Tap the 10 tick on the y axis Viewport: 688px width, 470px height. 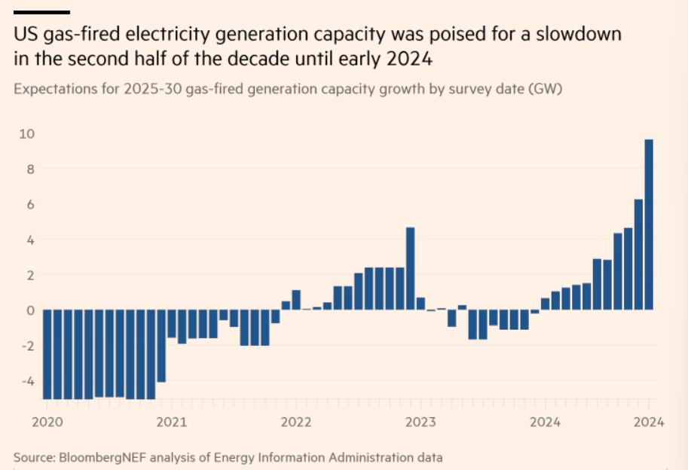click(x=27, y=134)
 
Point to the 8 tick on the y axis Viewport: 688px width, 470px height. click(x=30, y=169)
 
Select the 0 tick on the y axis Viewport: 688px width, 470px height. click(x=30, y=310)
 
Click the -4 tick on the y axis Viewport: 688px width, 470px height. click(x=27, y=381)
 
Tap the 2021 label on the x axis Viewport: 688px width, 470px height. click(x=171, y=422)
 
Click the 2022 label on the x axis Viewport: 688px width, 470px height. click(x=296, y=422)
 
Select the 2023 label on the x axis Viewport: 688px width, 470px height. click(x=421, y=422)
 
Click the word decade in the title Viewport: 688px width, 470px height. click(x=263, y=58)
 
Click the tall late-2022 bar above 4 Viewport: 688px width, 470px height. click(x=411, y=268)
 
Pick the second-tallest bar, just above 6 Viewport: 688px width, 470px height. click(x=638, y=255)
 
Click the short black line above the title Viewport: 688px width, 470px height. click(x=41, y=12)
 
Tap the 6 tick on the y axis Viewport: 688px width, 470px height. click(x=30, y=205)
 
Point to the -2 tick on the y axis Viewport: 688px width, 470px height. click(x=27, y=346)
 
